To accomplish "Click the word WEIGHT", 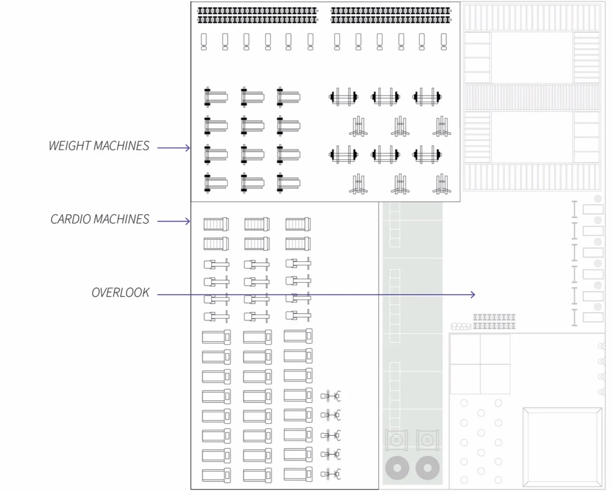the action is tap(70, 145).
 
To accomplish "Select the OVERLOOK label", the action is tap(121, 293).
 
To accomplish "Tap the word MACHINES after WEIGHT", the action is tap(121, 145).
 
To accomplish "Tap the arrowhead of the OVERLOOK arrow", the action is tap(473, 295).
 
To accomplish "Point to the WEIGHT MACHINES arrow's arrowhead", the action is tap(188, 148).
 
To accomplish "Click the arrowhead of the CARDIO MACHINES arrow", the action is tap(188, 221).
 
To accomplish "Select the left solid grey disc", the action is tap(397, 468).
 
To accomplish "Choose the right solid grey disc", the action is tap(427, 468).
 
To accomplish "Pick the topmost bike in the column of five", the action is tap(330, 396).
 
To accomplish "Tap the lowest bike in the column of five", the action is tap(330, 474).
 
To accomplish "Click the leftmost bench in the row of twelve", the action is tap(204, 42).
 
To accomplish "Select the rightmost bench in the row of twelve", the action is tap(444, 42).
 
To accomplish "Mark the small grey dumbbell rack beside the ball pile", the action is tap(494, 322).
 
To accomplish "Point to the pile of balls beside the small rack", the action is tap(461, 326).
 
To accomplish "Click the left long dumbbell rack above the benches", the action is tap(258, 15).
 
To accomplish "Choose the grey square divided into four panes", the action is tap(480, 364).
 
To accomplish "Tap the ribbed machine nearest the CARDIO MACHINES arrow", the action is tap(216, 224).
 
